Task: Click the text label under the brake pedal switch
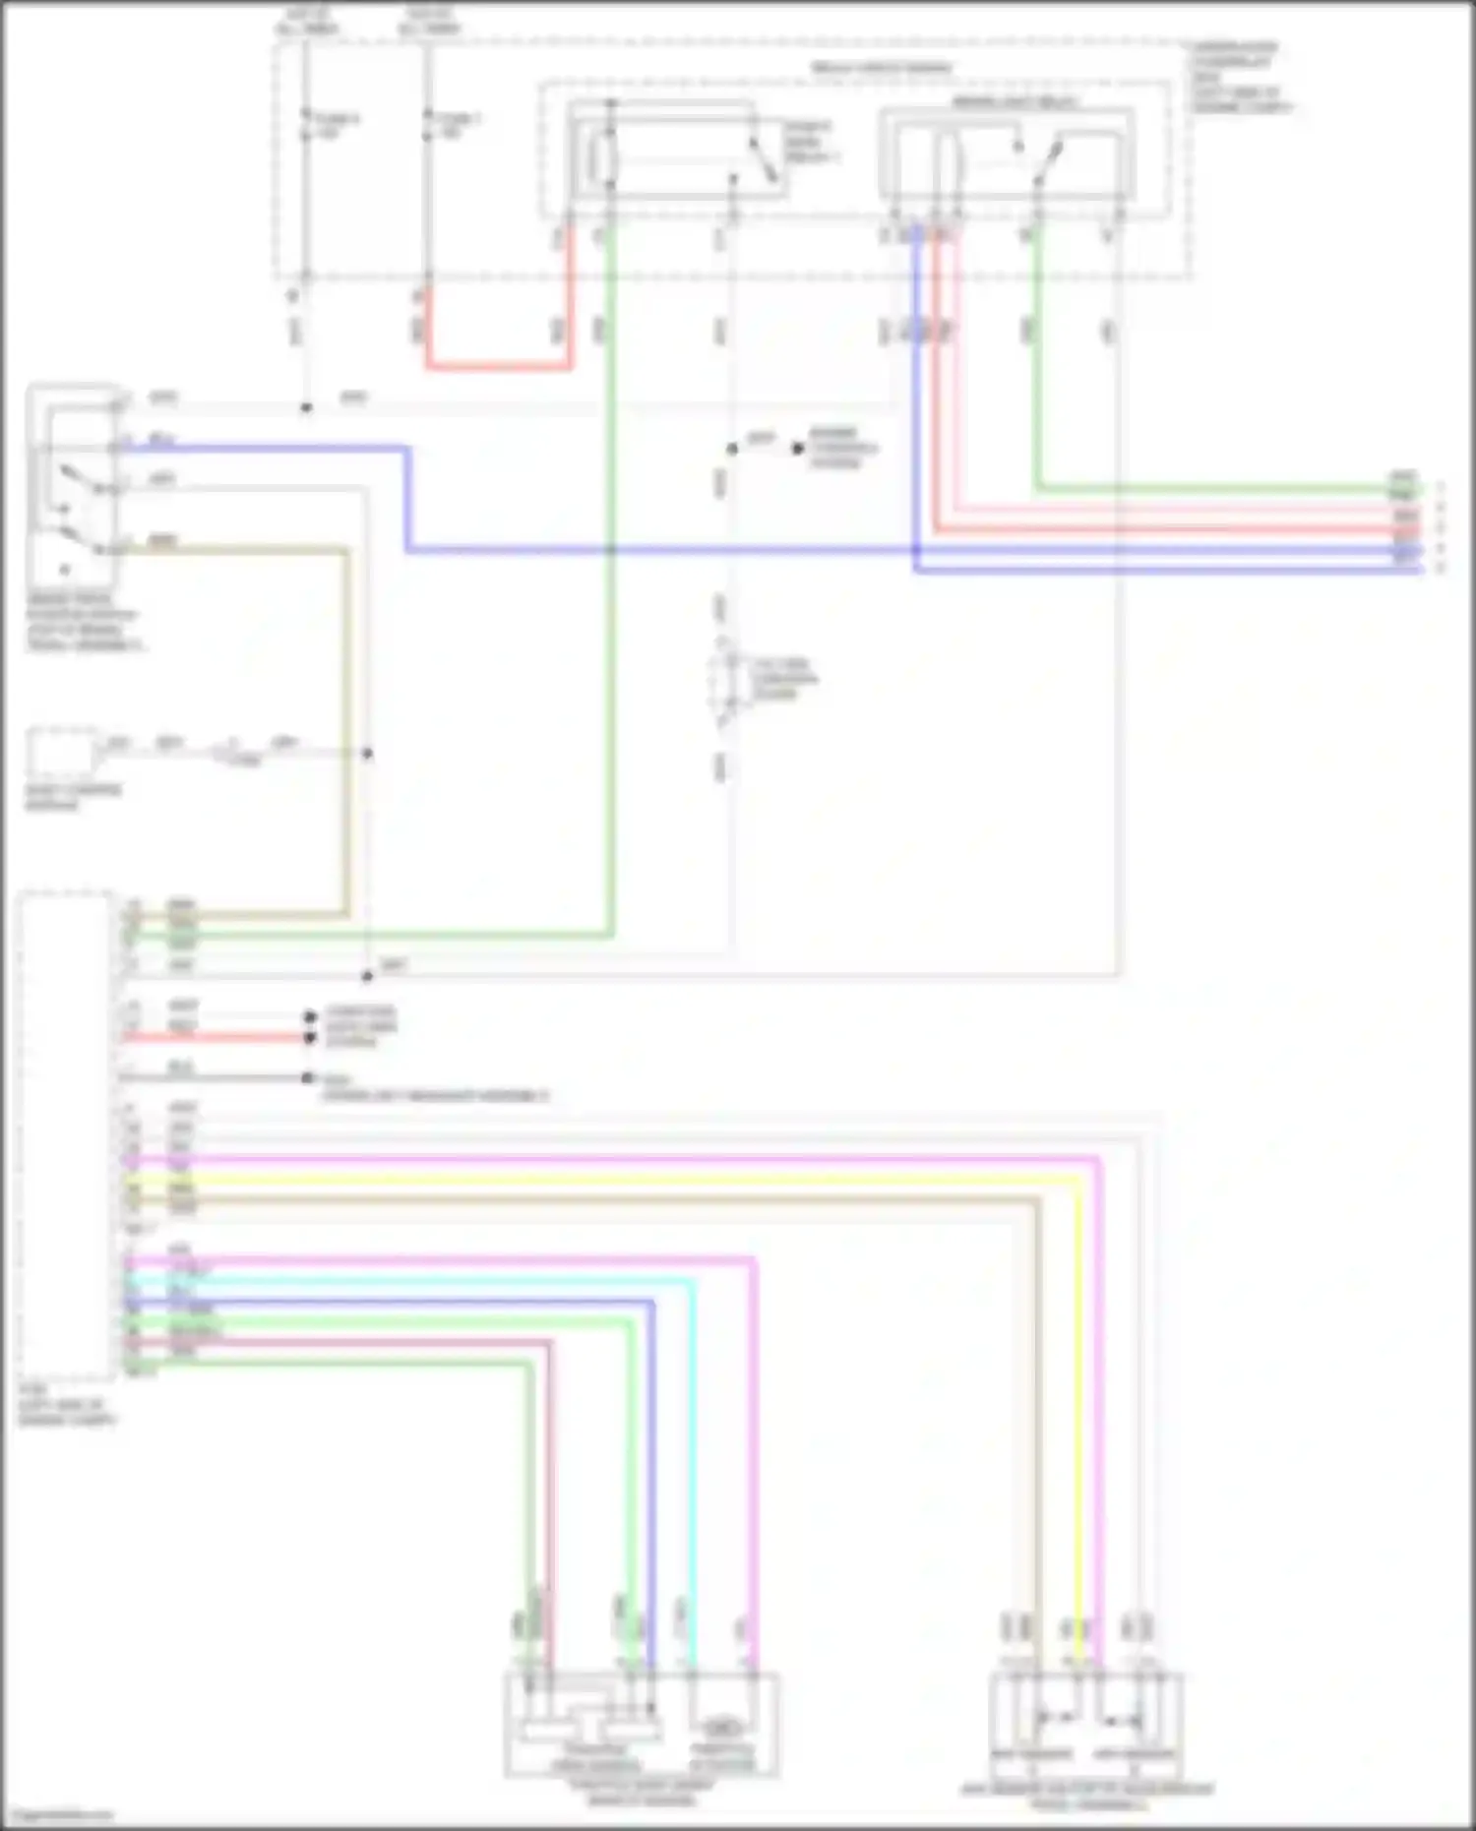(83, 623)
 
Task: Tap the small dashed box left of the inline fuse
(61, 754)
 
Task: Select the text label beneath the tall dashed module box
(67, 1406)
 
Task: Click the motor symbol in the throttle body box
(722, 1728)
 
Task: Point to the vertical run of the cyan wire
(693, 1456)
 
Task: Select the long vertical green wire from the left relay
(610, 590)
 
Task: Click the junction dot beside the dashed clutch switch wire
(732, 449)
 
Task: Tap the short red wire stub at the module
(216, 1037)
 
